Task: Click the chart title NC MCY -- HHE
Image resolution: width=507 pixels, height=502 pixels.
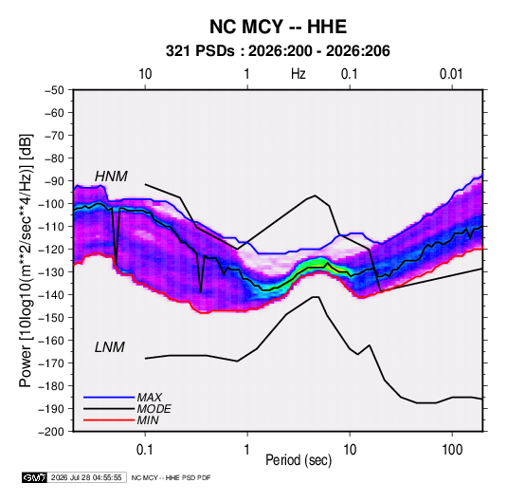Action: (278, 27)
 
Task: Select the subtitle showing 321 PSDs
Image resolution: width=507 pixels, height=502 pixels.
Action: (278, 51)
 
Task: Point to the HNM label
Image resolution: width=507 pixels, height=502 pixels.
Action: (111, 177)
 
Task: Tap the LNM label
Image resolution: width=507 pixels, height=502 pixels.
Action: (110, 347)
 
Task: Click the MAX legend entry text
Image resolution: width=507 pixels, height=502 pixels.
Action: (150, 398)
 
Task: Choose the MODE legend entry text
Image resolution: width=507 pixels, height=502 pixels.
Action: (154, 409)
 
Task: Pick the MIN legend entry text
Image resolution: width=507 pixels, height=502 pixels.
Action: (148, 420)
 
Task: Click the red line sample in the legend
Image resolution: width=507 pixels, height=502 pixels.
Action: (109, 420)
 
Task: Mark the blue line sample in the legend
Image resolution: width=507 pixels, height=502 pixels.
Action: (109, 398)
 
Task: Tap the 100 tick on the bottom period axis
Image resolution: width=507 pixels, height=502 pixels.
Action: (452, 450)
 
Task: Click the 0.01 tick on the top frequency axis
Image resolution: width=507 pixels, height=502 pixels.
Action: (451, 74)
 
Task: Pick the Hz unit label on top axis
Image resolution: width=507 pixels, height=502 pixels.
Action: (298, 74)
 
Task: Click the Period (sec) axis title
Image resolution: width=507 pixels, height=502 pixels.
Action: (299, 460)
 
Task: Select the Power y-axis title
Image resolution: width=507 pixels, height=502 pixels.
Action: (26, 261)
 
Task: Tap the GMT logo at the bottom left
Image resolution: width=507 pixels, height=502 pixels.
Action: (35, 477)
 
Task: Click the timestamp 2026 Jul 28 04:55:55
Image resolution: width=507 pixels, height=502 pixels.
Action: (86, 477)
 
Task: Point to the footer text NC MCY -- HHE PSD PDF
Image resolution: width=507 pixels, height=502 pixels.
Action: (171, 477)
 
